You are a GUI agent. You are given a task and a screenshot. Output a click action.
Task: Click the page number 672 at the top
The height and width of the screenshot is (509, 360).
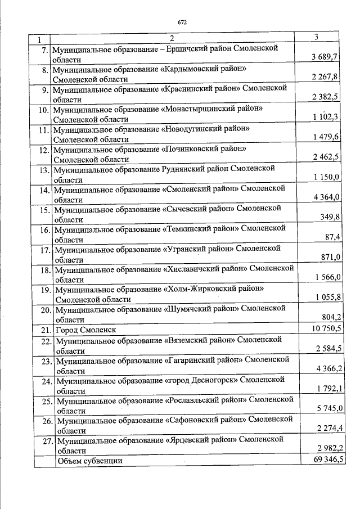(182, 22)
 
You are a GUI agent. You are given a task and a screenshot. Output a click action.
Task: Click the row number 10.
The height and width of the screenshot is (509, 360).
(42, 109)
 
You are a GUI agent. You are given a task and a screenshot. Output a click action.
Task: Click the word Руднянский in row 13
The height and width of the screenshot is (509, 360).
(185, 169)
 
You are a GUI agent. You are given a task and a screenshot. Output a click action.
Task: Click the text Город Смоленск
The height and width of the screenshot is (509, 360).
(86, 330)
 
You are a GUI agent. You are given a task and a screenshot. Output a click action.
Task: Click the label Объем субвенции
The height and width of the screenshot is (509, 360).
(89, 461)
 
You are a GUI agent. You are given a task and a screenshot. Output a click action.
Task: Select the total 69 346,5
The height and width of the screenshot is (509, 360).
(324, 460)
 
